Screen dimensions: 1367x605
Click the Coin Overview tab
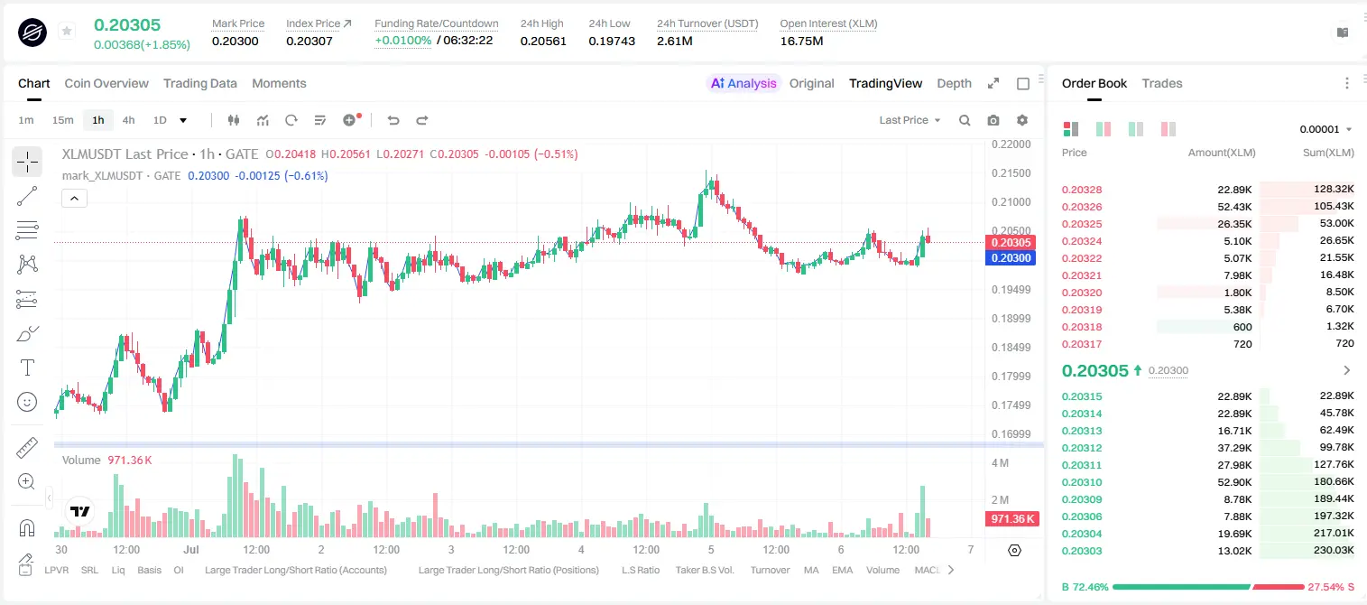point(106,83)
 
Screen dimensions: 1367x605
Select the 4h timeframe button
point(128,120)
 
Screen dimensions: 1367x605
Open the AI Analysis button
point(744,83)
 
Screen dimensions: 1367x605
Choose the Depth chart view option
point(954,83)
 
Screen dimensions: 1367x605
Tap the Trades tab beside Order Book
point(1162,83)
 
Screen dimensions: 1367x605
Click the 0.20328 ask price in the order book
point(1081,190)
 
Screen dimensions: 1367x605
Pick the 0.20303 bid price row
point(1081,551)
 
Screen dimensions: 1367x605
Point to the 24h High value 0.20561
point(543,41)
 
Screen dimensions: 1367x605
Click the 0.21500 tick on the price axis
point(1011,173)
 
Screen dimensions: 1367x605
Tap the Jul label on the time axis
point(191,549)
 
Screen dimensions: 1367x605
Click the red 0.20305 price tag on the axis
point(1011,242)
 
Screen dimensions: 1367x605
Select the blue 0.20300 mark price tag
point(1011,257)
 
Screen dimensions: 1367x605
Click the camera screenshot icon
point(993,120)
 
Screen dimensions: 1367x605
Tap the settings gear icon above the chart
point(1022,120)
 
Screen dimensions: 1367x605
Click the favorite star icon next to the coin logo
point(67,31)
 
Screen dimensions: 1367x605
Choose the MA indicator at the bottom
point(811,570)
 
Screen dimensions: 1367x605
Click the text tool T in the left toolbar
point(27,368)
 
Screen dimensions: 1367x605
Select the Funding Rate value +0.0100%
point(402,41)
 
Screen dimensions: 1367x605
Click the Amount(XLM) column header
point(1221,153)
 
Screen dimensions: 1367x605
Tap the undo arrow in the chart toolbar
point(393,120)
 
